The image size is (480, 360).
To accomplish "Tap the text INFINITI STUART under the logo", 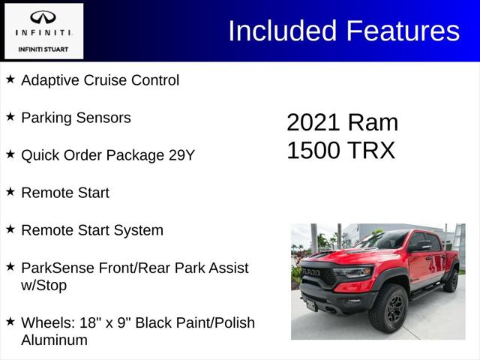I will (43, 49).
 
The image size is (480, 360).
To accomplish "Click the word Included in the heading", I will (283, 31).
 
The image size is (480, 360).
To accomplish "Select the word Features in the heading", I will (403, 31).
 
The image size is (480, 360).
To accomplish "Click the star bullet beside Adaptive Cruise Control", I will (10, 79).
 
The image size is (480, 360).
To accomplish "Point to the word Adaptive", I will (47, 80).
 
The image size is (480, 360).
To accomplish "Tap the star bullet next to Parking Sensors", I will (10, 117).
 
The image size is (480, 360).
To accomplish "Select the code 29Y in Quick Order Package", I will (180, 155).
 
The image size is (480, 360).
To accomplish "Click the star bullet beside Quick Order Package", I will (10, 154).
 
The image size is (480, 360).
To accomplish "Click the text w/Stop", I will (43, 286).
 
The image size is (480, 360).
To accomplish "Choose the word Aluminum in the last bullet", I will (54, 340).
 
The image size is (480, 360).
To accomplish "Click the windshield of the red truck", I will (384, 241).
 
